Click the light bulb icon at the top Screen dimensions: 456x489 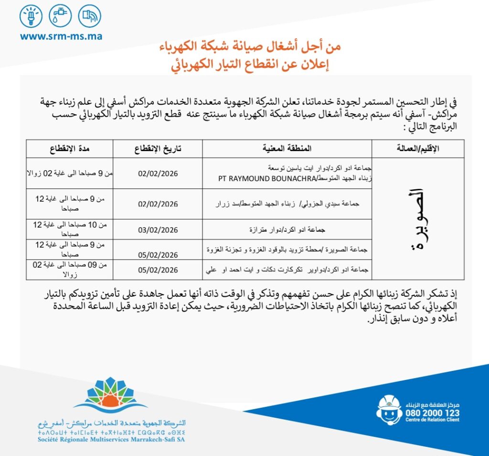[x=31, y=17]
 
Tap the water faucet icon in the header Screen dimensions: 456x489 [x=60, y=17]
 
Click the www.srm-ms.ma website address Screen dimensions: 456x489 [x=61, y=36]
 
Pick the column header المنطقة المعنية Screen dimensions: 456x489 [x=287, y=149]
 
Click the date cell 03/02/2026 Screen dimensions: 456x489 [x=158, y=230]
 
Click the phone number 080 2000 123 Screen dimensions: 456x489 [x=432, y=413]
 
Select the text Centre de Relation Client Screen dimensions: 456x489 [x=432, y=420]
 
